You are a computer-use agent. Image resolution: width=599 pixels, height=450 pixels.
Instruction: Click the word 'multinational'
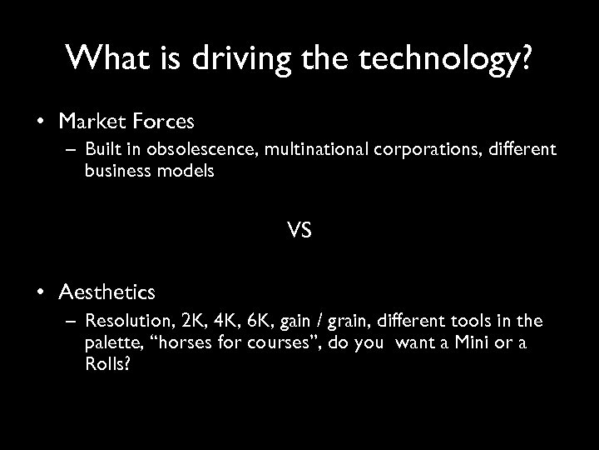[x=299, y=151]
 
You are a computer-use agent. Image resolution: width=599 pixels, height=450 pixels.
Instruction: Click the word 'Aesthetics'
[x=106, y=292]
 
